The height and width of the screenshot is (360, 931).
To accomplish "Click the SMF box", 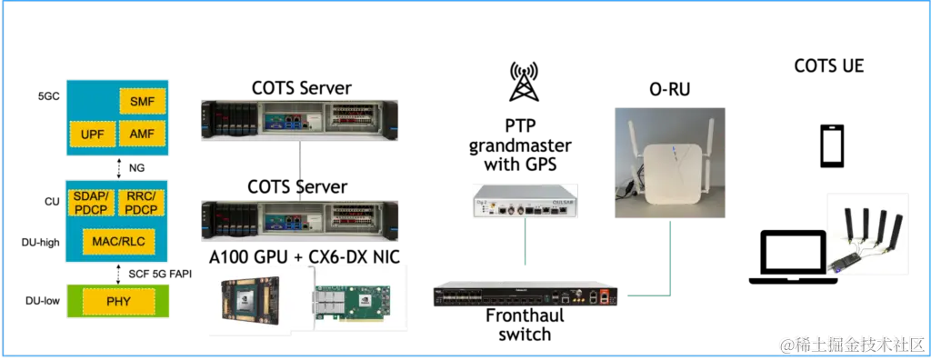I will (x=142, y=102).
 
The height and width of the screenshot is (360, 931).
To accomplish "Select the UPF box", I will (x=92, y=135).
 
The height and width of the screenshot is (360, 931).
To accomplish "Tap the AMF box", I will (x=142, y=135).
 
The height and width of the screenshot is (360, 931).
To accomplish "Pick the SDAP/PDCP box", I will (x=92, y=203).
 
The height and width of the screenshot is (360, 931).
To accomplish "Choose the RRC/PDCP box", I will (x=142, y=203).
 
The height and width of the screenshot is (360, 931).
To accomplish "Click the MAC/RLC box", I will (x=118, y=241).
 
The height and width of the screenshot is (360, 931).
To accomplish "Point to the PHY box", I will (x=118, y=301).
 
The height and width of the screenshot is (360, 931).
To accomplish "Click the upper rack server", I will (x=299, y=119).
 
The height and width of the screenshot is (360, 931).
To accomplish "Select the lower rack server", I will (x=299, y=222).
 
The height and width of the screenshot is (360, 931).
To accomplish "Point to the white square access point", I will (x=671, y=172).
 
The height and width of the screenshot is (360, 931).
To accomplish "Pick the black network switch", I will (x=528, y=295).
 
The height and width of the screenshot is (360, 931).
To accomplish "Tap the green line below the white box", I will (x=526, y=247).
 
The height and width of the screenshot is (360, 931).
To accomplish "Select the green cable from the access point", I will (x=671, y=264).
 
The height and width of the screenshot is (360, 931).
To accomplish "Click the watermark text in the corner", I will (x=849, y=344).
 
